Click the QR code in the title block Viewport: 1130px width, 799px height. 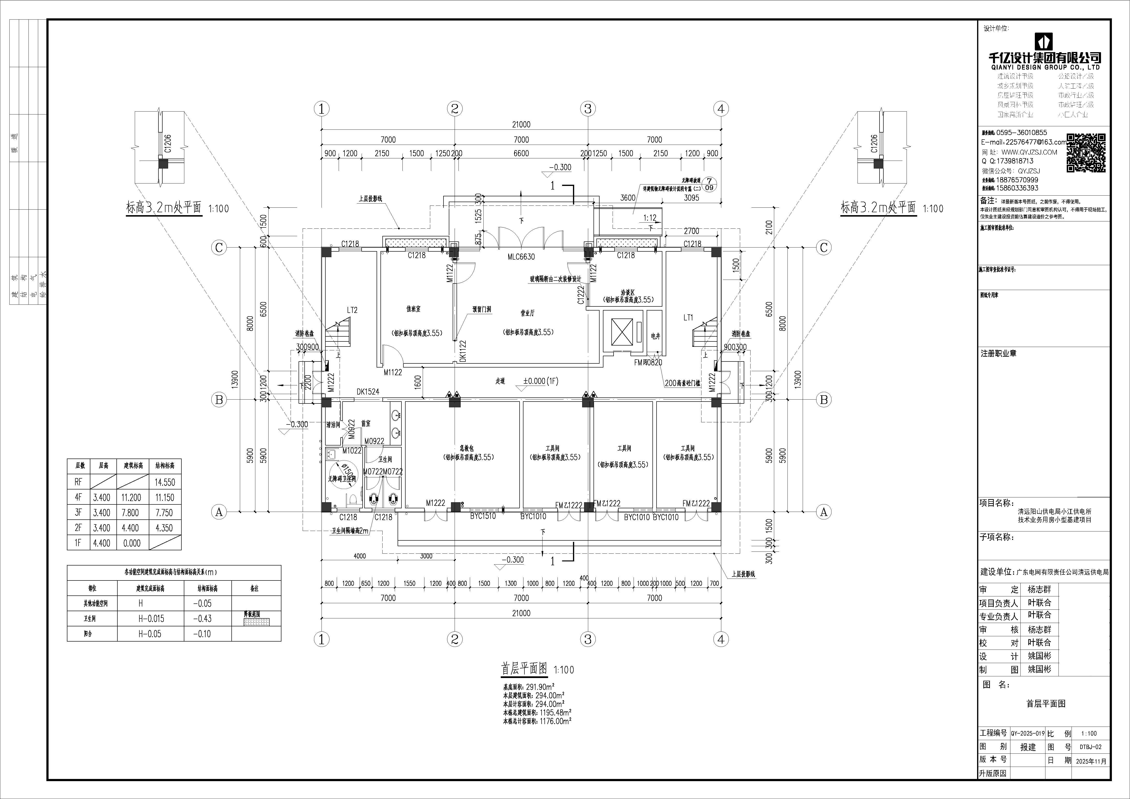point(1086,153)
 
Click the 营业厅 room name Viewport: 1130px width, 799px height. point(528,313)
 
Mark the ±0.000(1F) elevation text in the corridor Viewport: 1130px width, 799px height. point(540,381)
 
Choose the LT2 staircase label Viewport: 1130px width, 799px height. point(352,310)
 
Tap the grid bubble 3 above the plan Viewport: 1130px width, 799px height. point(588,109)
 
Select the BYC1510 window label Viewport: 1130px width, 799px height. point(483,516)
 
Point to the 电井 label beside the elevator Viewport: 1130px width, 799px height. point(655,336)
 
